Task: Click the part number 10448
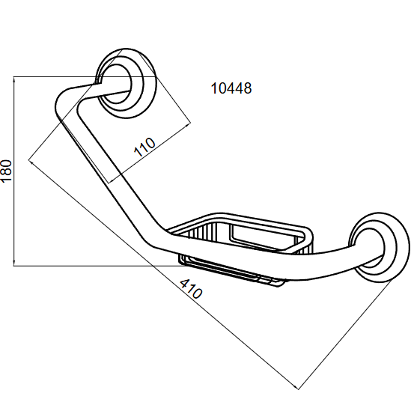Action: pyautogui.click(x=231, y=88)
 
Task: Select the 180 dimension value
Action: pyautogui.click(x=6, y=171)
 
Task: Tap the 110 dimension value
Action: pyautogui.click(x=144, y=147)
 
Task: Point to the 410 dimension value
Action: pyautogui.click(x=191, y=289)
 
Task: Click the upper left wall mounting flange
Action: pyautogui.click(x=125, y=83)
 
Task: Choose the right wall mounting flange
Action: pyautogui.click(x=378, y=248)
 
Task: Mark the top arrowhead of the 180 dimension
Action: pyautogui.click(x=13, y=79)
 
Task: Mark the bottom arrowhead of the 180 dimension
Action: pyautogui.click(x=13, y=264)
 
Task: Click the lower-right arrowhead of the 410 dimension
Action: pyautogui.click(x=296, y=387)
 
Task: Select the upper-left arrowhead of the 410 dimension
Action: pyautogui.click(x=31, y=162)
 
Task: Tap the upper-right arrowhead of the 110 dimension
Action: pyautogui.click(x=188, y=125)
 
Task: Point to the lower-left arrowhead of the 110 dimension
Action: pyautogui.click(x=112, y=180)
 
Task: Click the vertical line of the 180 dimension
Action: pyautogui.click(x=13, y=171)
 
